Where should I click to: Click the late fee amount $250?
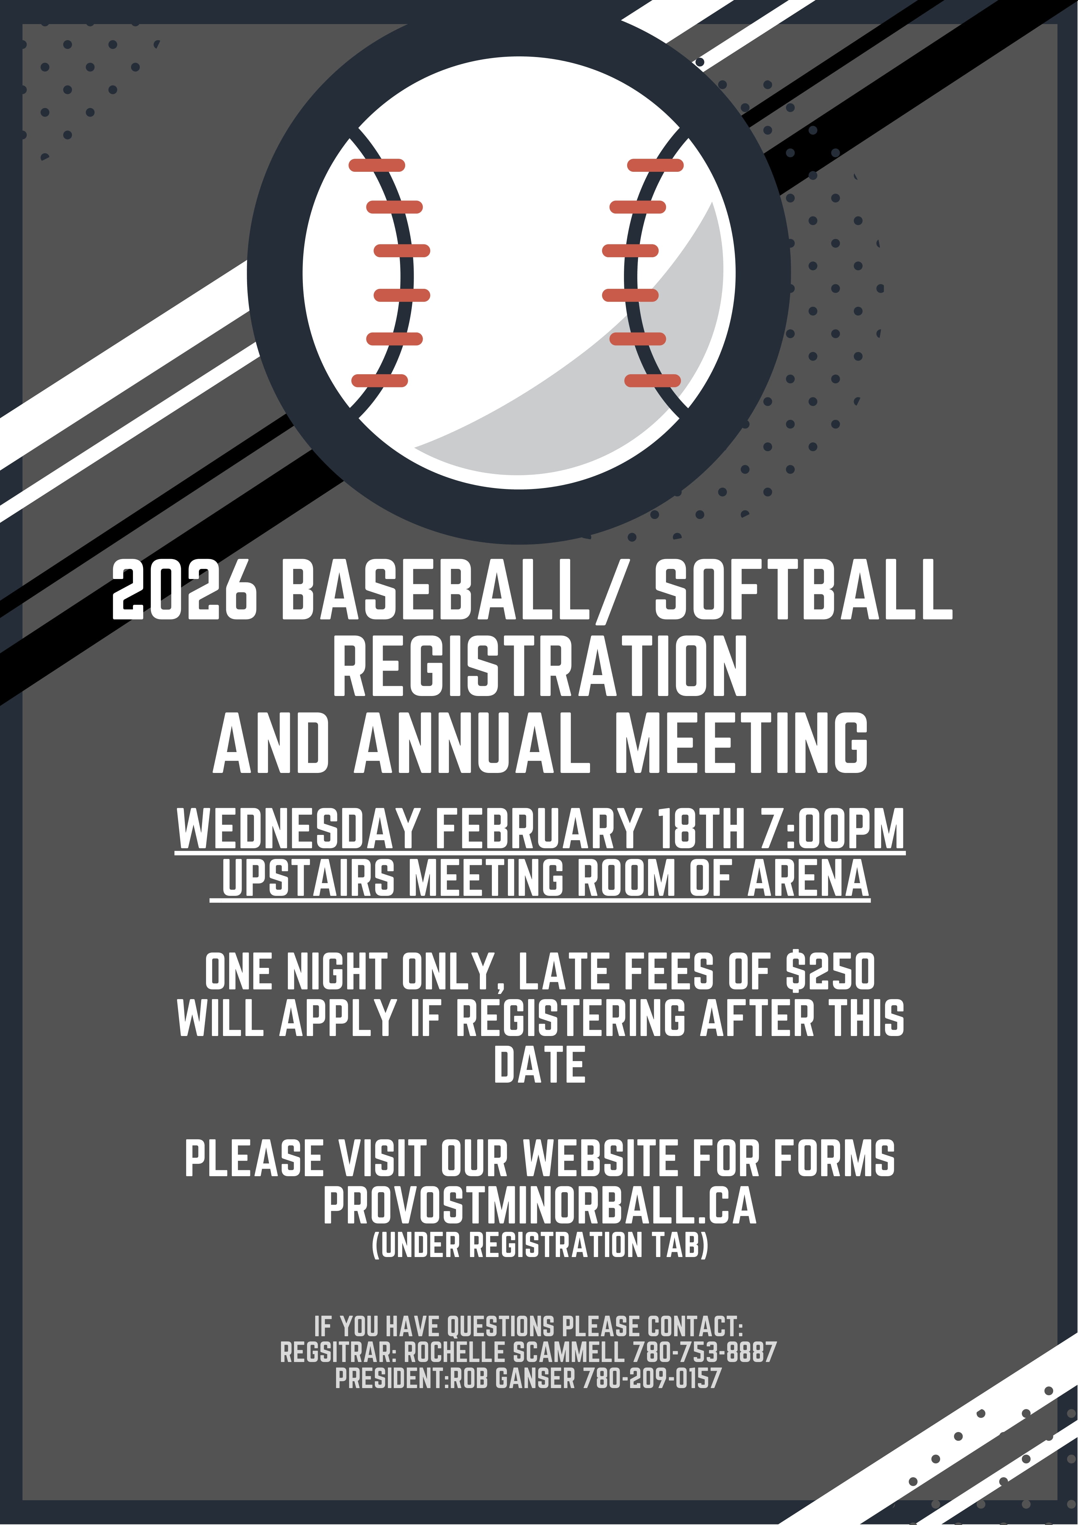830,972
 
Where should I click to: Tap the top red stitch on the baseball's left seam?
377,165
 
